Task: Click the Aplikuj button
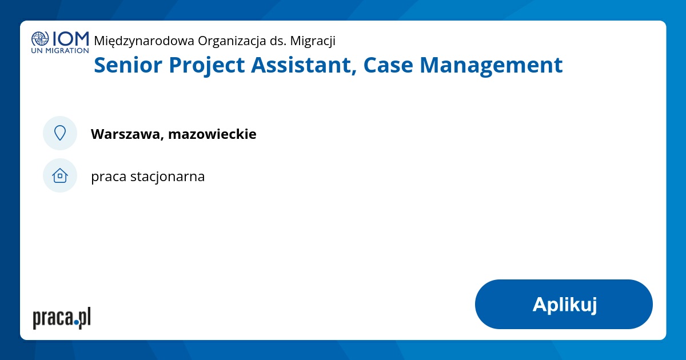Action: tap(564, 304)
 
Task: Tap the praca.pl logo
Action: tap(62, 318)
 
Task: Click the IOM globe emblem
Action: tap(40, 39)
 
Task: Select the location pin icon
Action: tap(60, 133)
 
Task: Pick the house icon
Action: tap(60, 175)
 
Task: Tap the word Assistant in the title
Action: tap(305, 65)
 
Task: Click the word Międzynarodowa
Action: tap(144, 41)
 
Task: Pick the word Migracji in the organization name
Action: tap(313, 41)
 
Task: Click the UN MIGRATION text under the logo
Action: tap(60, 50)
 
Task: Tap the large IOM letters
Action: tap(70, 38)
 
